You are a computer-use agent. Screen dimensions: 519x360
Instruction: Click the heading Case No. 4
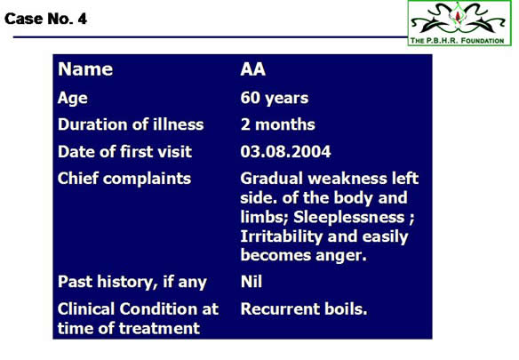[45, 19]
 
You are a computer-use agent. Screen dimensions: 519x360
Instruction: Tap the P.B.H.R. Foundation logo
[459, 23]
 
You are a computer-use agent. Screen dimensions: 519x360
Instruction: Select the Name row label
[85, 69]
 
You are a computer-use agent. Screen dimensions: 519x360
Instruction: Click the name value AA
[253, 69]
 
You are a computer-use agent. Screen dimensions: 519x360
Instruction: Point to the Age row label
[73, 99]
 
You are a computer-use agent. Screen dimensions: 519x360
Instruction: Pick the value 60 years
[275, 98]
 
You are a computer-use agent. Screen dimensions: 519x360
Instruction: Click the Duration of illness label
[131, 124]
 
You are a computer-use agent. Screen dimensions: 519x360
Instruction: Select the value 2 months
[277, 124]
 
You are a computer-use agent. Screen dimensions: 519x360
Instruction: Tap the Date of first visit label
[124, 151]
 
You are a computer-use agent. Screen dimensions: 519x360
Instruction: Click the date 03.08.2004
[285, 151]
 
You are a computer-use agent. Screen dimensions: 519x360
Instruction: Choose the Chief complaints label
[124, 179]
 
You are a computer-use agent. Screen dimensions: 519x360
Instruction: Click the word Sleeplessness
[349, 217]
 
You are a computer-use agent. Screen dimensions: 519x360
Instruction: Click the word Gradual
[272, 178]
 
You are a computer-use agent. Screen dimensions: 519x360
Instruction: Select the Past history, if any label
[132, 282]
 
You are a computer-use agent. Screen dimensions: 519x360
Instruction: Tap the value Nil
[252, 282]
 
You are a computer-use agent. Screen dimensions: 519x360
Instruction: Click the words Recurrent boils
[304, 308]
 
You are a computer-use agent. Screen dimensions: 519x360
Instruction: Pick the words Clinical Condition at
[138, 308]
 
